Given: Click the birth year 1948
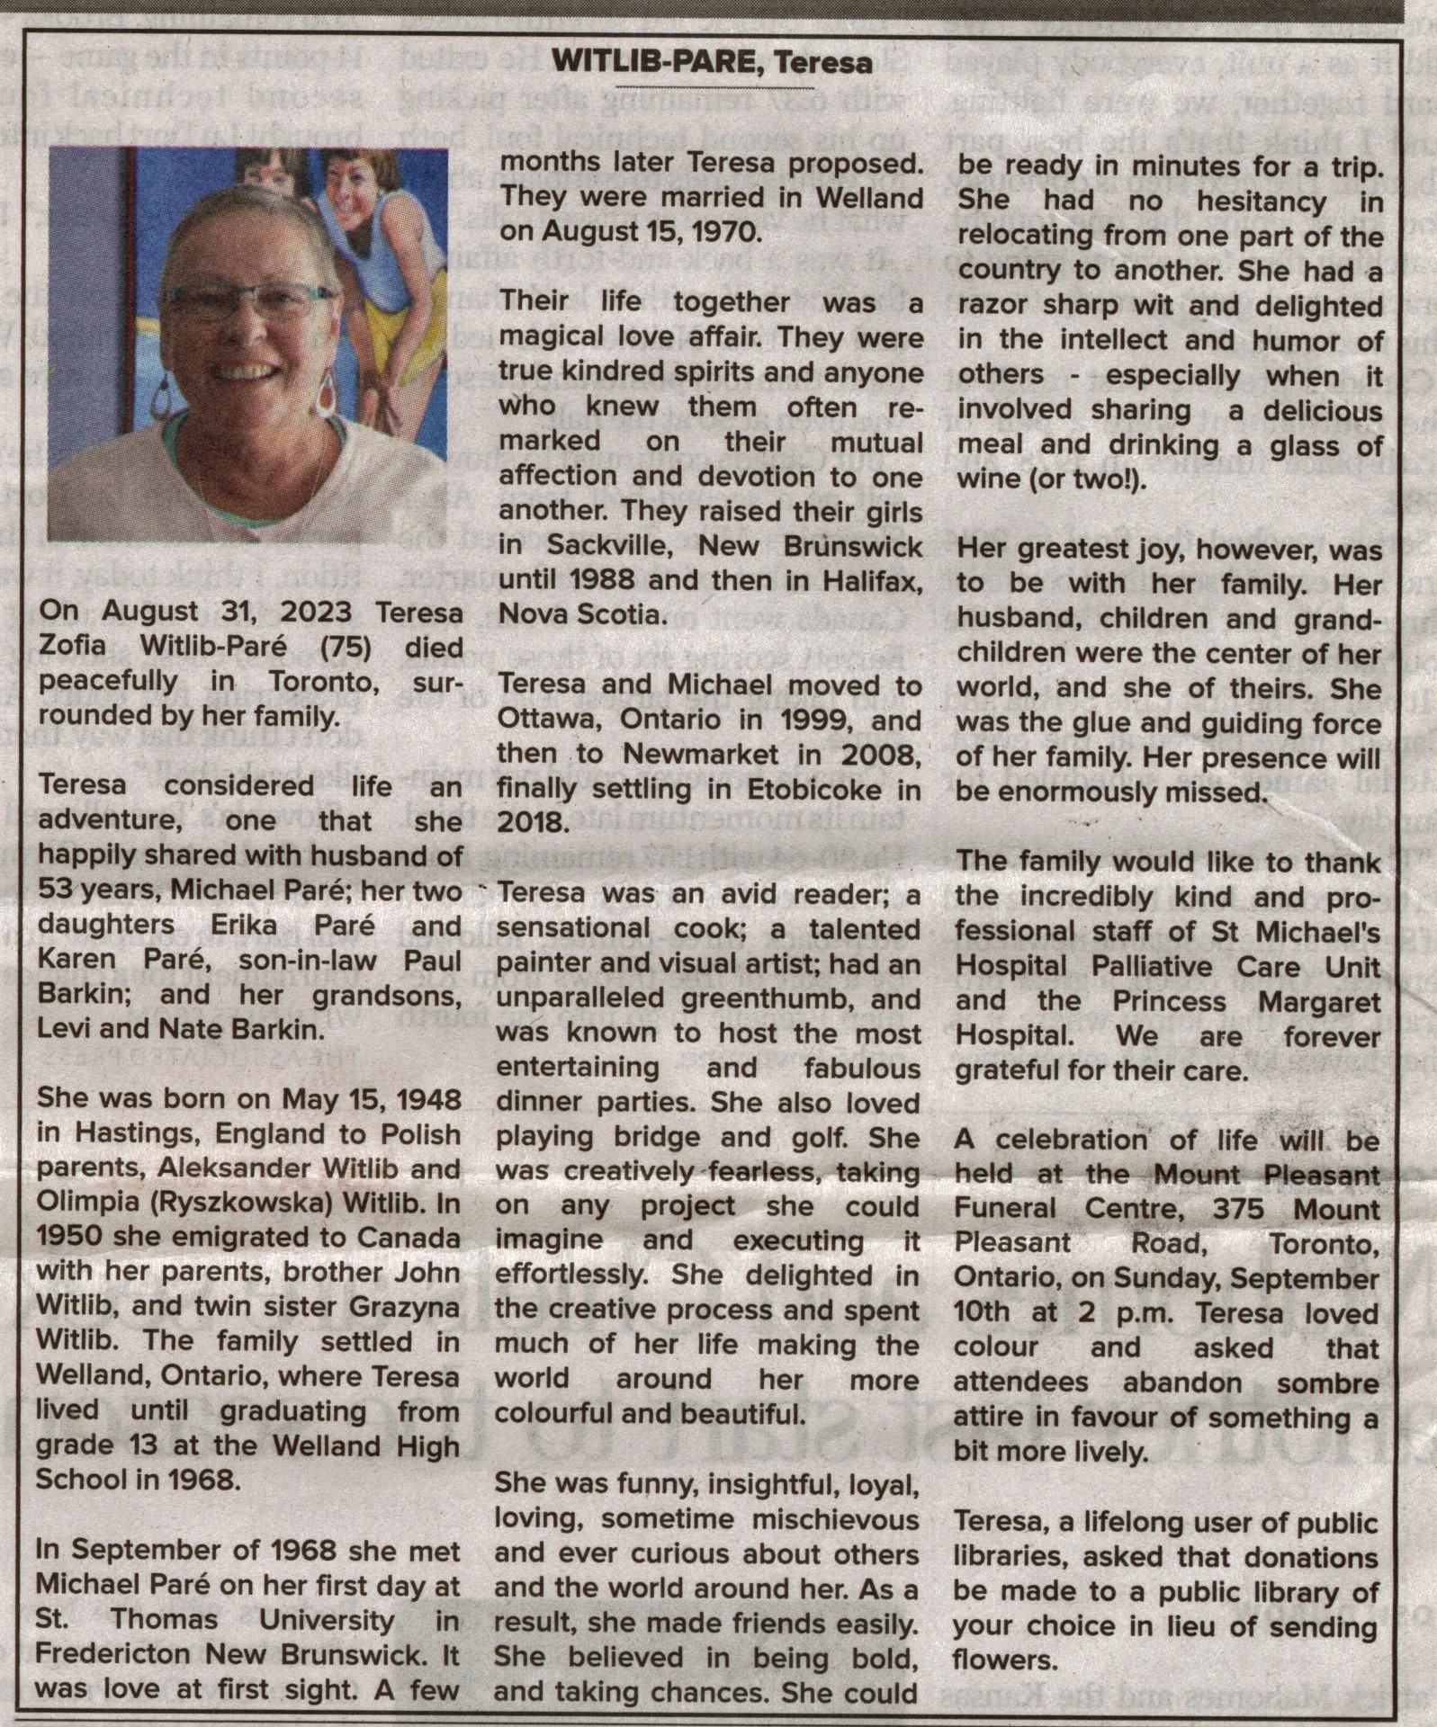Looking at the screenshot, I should point(427,1100).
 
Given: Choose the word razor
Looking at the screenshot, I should point(993,307).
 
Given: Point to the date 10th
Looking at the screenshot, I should point(981,1313).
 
